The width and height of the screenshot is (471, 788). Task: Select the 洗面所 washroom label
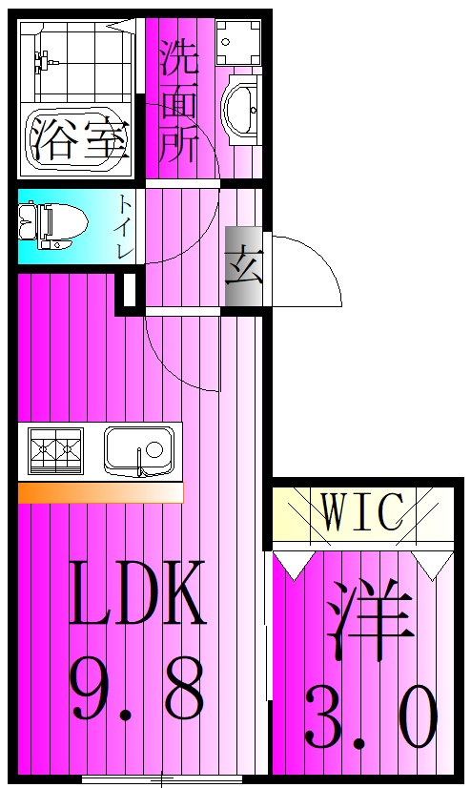click(178, 100)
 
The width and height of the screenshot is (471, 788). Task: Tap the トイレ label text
click(126, 226)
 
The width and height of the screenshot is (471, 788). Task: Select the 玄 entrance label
click(243, 268)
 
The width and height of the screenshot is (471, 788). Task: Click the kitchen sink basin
click(140, 447)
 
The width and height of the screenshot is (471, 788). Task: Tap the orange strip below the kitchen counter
click(99, 492)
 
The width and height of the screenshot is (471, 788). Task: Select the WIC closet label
click(362, 512)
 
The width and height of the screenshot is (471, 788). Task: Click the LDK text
click(137, 592)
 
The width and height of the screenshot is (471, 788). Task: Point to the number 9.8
click(137, 689)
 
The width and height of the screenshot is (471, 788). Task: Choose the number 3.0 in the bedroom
click(371, 717)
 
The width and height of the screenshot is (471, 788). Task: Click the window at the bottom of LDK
click(162, 777)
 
